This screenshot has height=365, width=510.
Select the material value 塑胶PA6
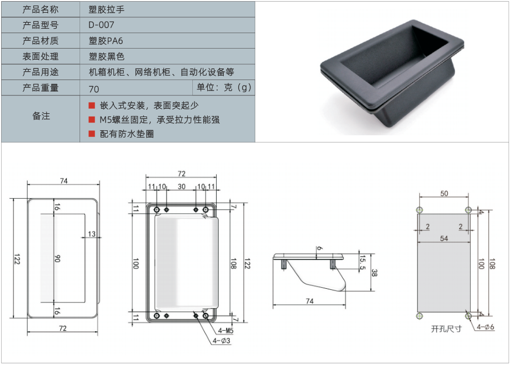click(106, 41)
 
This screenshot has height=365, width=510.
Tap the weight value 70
click(93, 88)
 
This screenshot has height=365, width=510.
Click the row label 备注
click(40, 116)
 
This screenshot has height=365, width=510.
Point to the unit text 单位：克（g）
click(224, 88)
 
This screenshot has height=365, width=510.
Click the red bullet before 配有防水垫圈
click(92, 133)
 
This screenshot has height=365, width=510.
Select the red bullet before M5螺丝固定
click(92, 119)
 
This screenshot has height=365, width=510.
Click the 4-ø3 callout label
click(221, 341)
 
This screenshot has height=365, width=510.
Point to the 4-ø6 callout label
click(486, 327)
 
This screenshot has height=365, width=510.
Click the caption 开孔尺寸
click(446, 329)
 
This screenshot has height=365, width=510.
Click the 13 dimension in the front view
click(92, 234)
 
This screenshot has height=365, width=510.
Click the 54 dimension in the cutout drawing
click(444, 238)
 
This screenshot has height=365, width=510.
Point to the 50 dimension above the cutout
click(444, 193)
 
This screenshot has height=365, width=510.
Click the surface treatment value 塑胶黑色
click(107, 56)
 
